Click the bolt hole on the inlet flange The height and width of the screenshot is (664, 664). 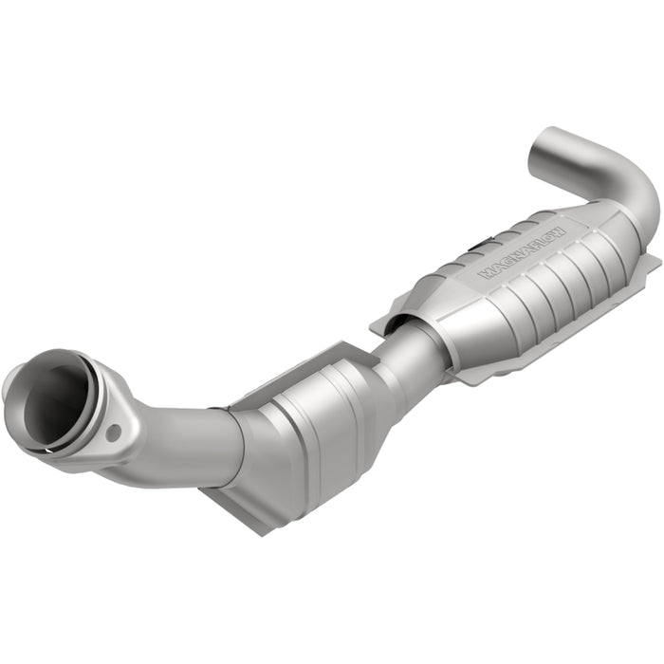coord(114,433)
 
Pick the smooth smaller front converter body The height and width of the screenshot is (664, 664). coord(304,436)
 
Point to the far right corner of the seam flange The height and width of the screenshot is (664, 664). coord(655,258)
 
